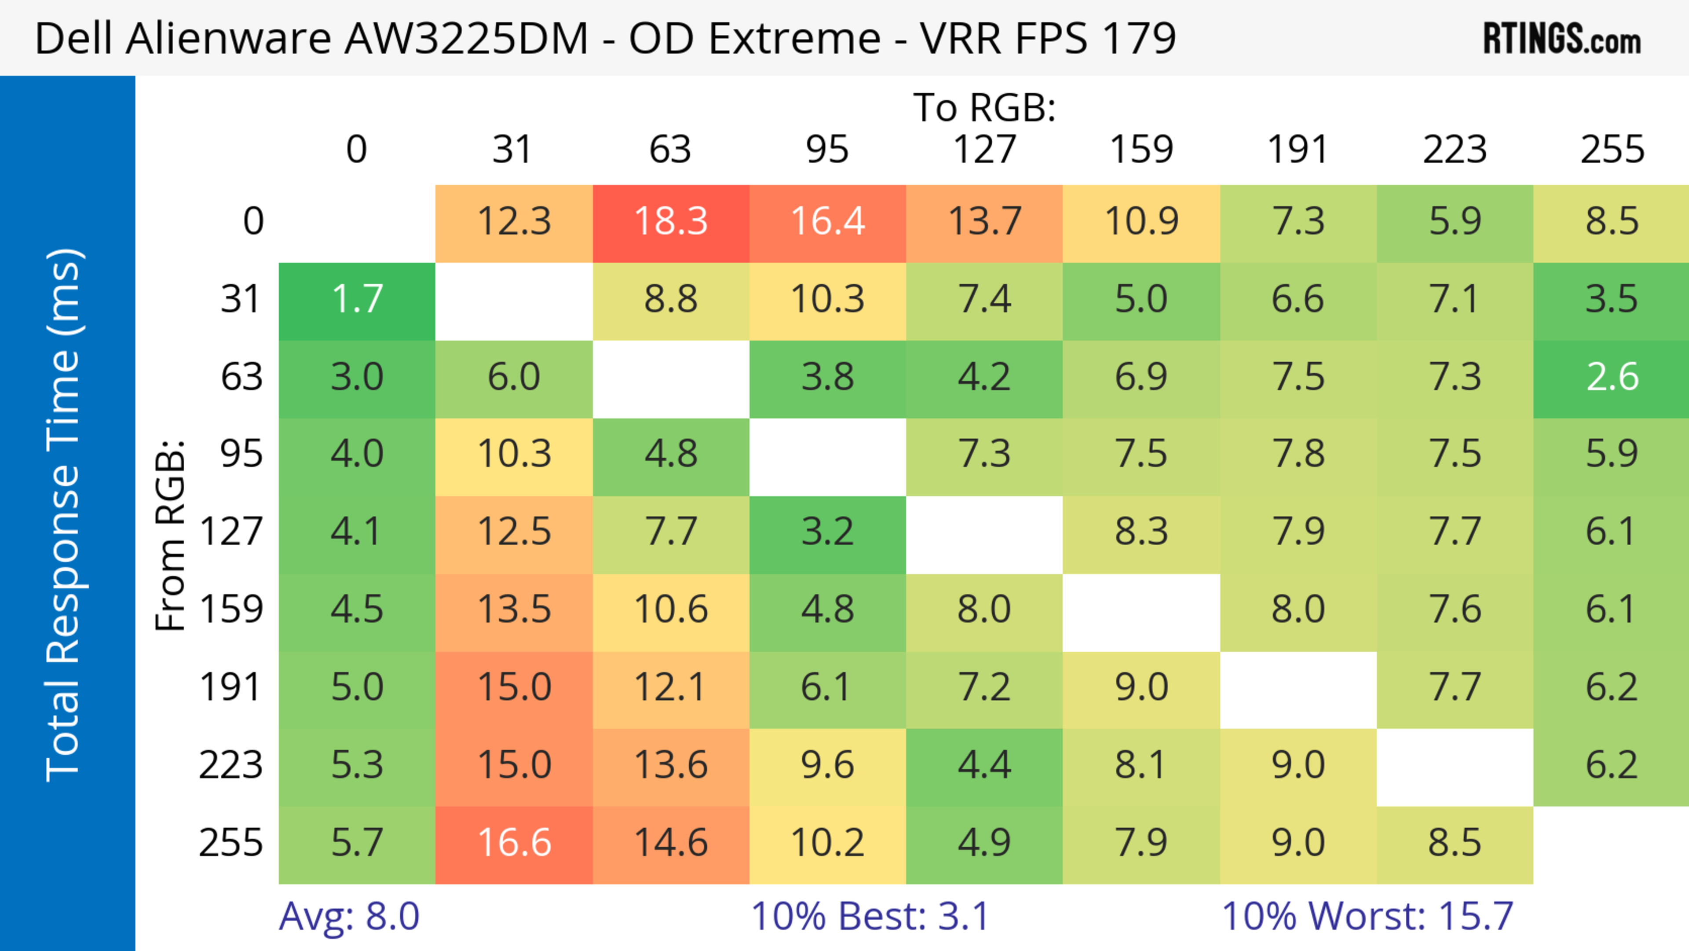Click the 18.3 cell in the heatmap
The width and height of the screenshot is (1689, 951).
point(671,222)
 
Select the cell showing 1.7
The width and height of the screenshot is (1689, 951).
point(357,300)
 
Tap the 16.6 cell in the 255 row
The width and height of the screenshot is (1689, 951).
point(514,843)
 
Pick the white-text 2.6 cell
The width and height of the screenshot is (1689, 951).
point(1612,377)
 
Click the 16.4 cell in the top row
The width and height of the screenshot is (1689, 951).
point(827,222)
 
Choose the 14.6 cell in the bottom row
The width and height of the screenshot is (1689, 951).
point(671,843)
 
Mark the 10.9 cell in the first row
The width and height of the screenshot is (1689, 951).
point(1141,222)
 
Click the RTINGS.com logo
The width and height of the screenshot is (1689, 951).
point(1562,39)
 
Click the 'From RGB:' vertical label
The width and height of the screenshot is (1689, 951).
point(171,536)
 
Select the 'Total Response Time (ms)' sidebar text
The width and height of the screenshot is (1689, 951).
point(64,515)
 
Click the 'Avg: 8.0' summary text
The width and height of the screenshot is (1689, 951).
point(349,916)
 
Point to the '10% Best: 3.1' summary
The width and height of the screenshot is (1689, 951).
point(870,916)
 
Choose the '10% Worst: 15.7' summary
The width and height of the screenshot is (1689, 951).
point(1367,916)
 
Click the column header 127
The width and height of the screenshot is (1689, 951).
point(984,150)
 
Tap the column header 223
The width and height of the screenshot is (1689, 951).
point(1455,150)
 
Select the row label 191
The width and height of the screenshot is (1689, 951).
point(231,687)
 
